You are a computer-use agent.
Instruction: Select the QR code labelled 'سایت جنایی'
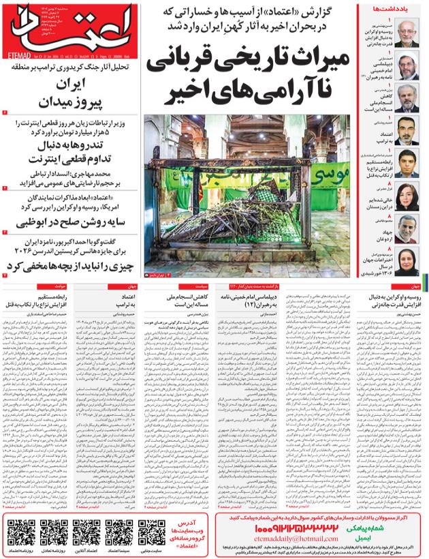(152, 532)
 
